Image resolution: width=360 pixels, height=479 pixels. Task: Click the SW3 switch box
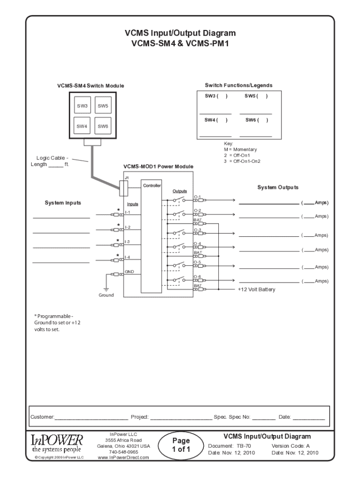click(83, 106)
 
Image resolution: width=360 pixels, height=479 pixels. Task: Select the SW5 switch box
click(103, 106)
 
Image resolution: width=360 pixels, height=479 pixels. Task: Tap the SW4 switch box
click(83, 126)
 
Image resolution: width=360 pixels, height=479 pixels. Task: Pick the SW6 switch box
click(103, 126)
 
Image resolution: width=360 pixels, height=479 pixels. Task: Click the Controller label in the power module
click(152, 186)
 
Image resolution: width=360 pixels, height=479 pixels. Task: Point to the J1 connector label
click(127, 178)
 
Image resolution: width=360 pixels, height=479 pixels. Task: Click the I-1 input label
click(128, 212)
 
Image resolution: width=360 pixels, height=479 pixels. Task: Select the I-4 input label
click(128, 257)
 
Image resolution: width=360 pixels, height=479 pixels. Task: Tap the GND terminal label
click(129, 272)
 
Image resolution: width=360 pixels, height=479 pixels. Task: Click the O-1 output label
click(197, 197)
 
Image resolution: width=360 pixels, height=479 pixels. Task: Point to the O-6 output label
click(197, 277)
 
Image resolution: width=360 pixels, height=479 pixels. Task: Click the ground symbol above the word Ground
click(106, 290)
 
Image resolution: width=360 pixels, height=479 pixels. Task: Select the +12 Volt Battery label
click(256, 290)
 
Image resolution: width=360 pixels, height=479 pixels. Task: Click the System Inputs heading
click(63, 203)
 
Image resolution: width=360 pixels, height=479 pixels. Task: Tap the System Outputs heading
click(278, 188)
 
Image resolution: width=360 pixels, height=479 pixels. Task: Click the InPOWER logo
click(57, 443)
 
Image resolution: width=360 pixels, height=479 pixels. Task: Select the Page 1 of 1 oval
click(180, 445)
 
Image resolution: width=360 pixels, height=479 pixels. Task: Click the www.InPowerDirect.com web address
click(123, 457)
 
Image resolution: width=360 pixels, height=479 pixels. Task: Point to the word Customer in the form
click(42, 416)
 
